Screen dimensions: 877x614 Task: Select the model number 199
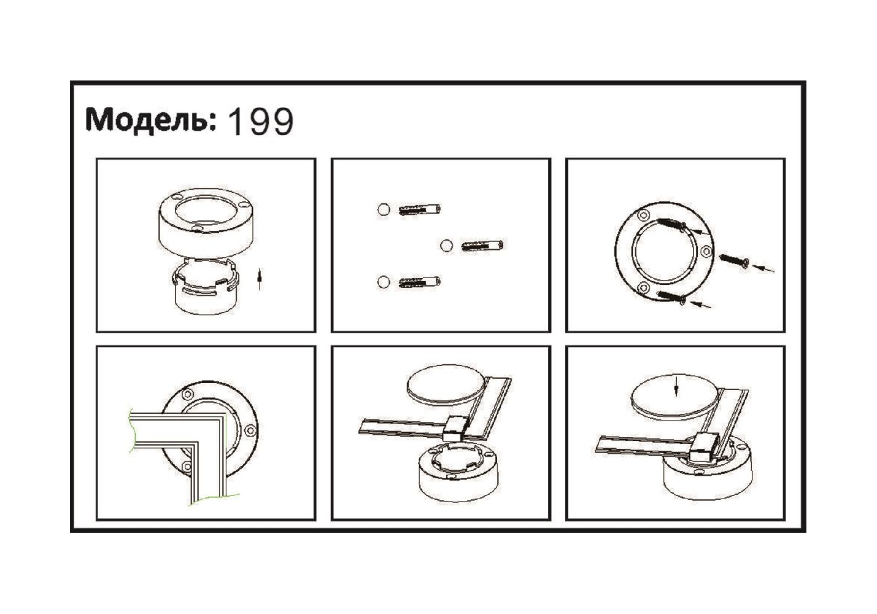pos(260,122)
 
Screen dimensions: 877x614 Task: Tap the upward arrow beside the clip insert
pos(259,278)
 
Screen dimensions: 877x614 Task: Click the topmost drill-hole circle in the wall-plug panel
pos(384,209)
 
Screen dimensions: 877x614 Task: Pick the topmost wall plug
pos(420,209)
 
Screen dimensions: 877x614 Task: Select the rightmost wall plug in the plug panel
pos(482,246)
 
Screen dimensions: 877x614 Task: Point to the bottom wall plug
pos(420,282)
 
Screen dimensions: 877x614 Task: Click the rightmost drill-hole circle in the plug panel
pos(446,246)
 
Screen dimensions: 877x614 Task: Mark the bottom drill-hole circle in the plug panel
pos(384,282)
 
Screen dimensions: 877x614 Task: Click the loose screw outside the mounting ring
pos(735,261)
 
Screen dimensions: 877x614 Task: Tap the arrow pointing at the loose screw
pos(763,268)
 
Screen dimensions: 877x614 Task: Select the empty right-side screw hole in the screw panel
pos(706,251)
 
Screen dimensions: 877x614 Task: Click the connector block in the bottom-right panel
pos(703,448)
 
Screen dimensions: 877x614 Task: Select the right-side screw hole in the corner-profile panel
pos(250,431)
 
